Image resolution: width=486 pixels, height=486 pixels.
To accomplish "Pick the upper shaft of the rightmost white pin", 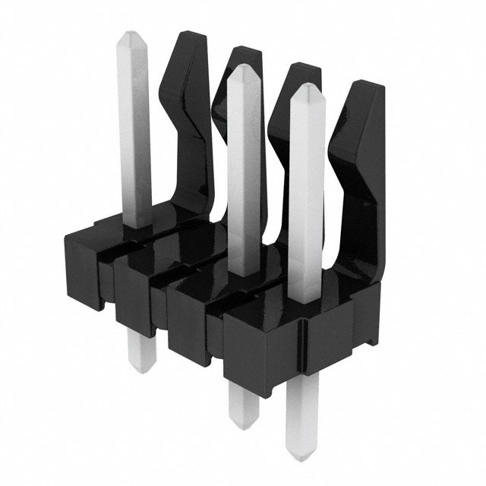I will point(307,190).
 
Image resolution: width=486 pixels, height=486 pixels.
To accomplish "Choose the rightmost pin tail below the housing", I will point(302,433).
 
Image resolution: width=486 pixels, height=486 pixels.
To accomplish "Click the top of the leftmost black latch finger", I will point(188,42).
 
